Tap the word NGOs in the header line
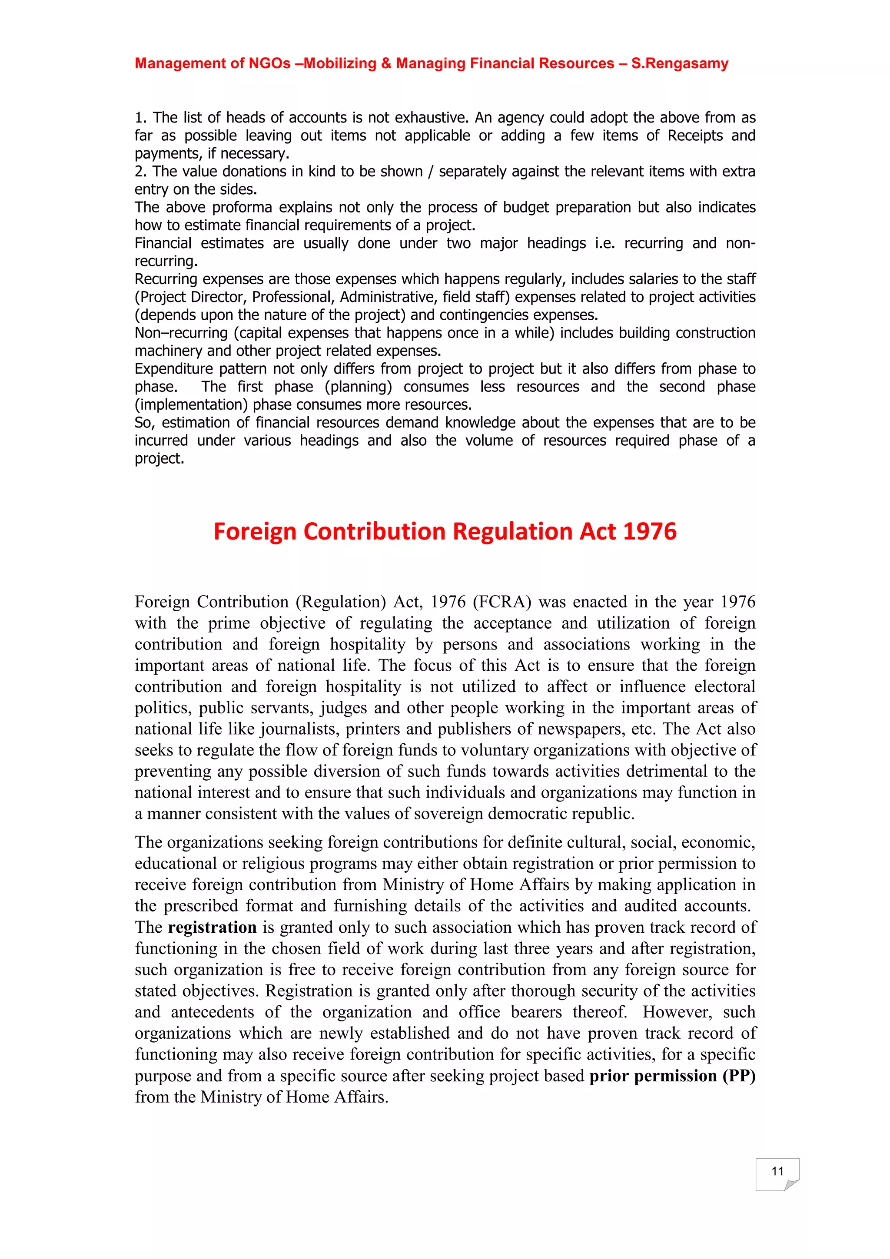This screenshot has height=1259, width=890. click(269, 63)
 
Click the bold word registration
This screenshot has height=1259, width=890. click(212, 927)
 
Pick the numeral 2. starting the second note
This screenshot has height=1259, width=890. click(140, 172)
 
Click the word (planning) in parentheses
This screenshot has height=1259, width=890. click(358, 387)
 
